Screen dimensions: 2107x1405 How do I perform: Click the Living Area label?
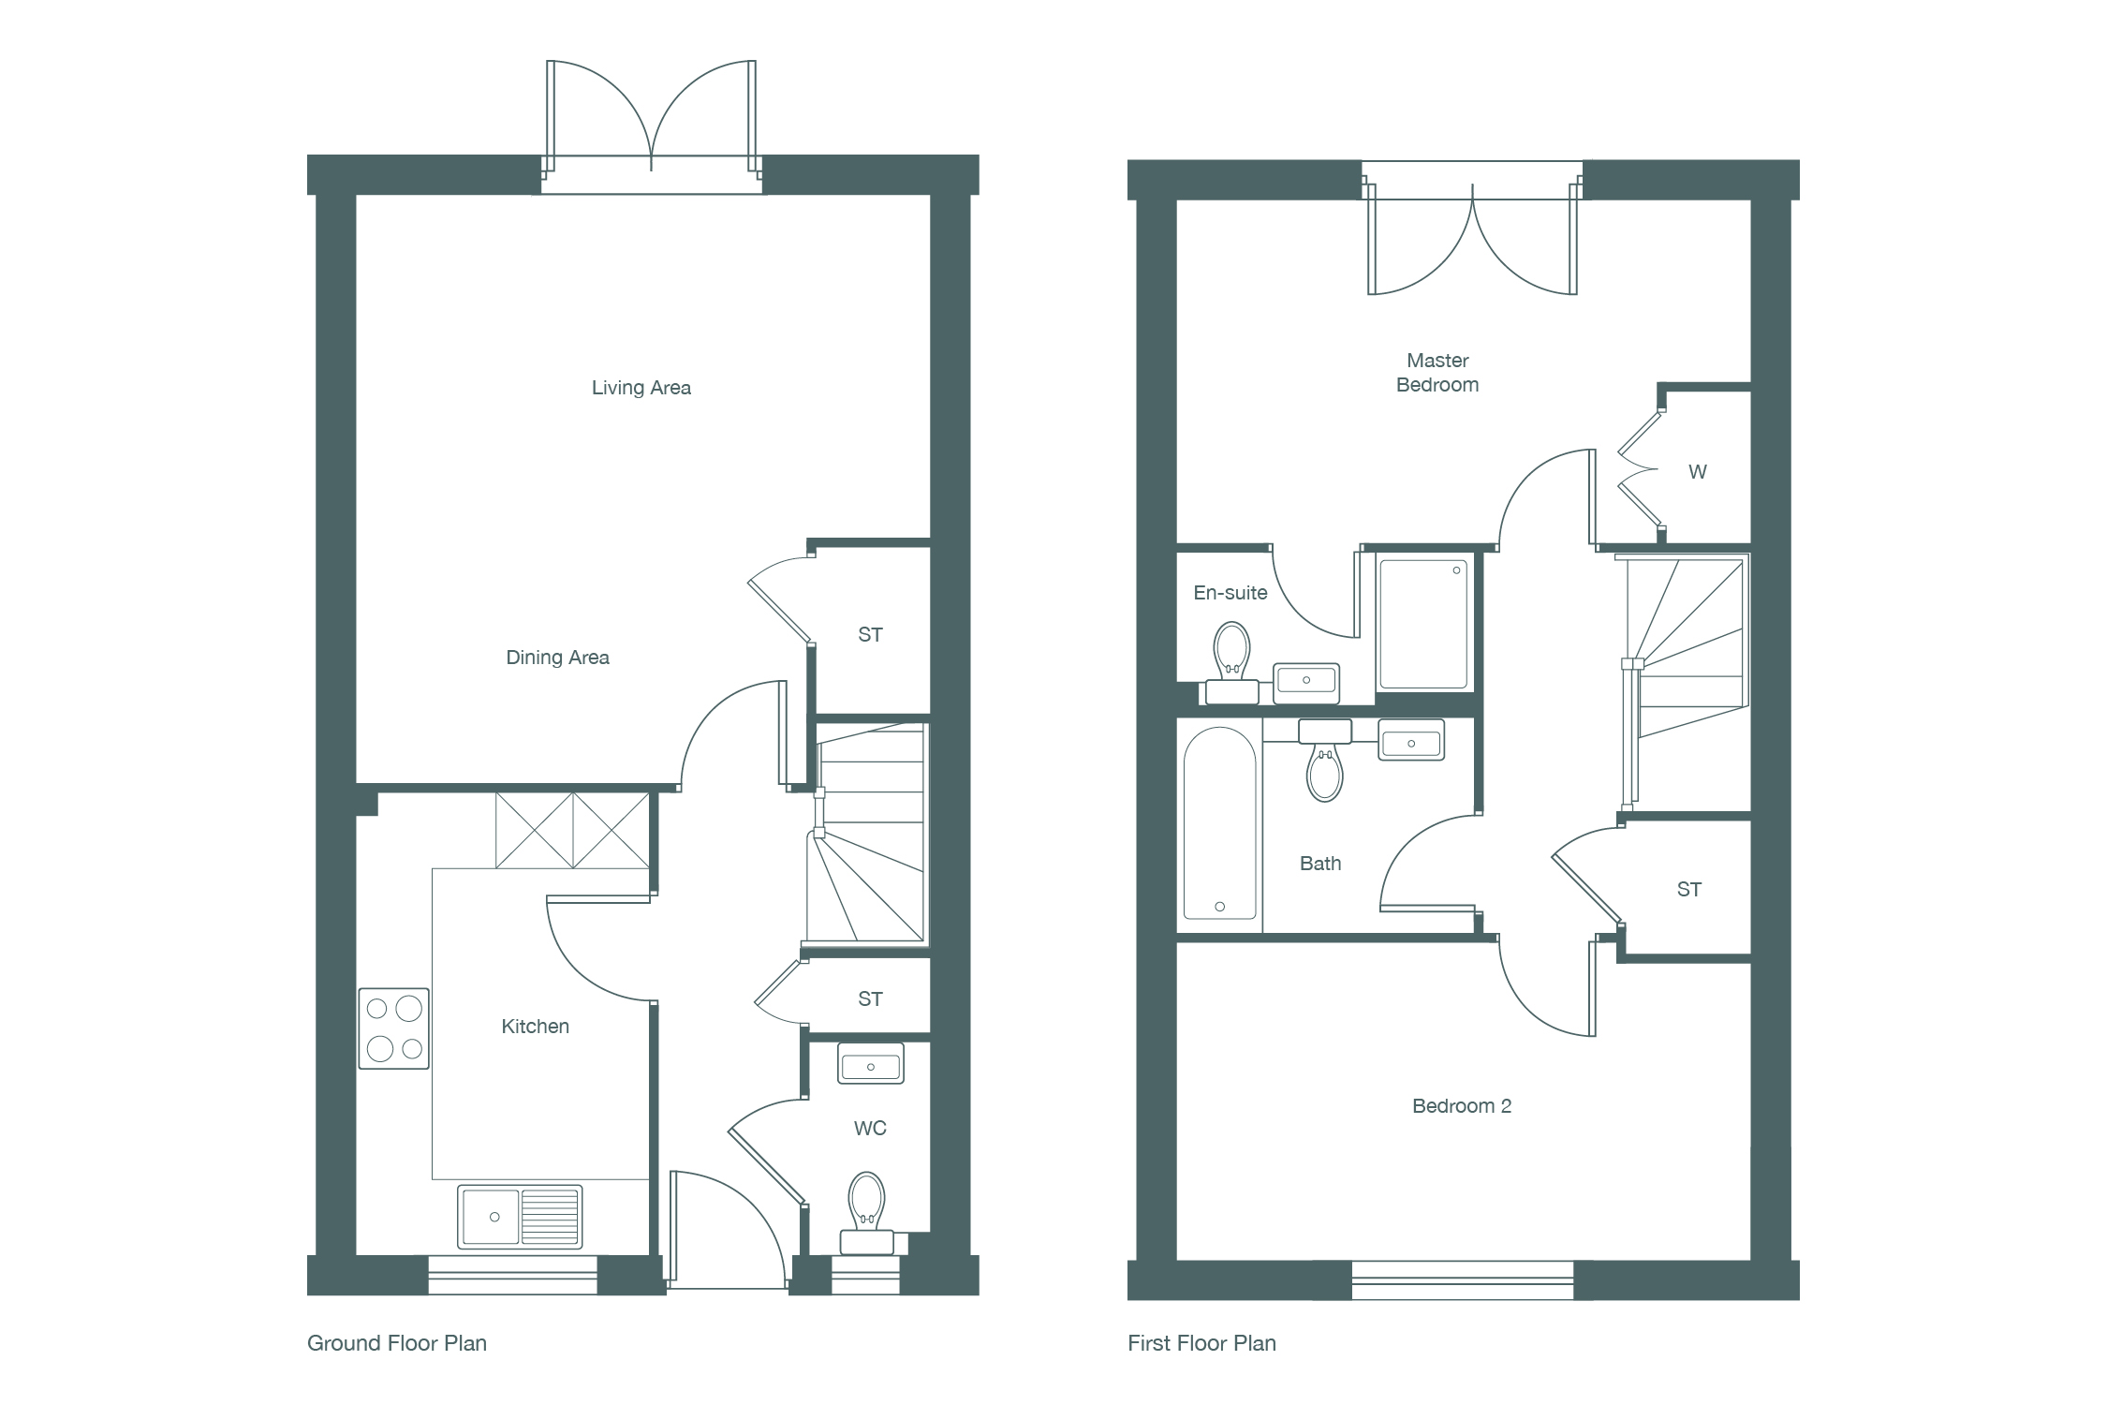641,388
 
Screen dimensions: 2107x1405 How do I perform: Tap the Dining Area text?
557,658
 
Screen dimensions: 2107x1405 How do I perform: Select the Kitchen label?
535,1027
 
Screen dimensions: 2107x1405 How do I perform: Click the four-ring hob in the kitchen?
394,1028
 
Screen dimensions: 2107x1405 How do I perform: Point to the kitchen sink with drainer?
520,1217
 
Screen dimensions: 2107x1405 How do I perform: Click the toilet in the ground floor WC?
867,1213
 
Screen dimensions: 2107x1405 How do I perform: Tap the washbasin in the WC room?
871,1063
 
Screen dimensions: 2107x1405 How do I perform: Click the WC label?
870,1129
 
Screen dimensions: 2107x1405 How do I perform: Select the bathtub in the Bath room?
1219,823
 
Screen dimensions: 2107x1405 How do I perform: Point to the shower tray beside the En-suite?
1423,624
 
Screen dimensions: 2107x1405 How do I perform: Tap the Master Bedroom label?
1437,373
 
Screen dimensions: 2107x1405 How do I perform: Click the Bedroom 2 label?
1462,1106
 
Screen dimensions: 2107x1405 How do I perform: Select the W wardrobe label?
1697,472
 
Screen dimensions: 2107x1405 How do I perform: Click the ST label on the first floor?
1689,890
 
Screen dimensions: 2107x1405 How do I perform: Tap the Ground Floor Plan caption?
397,1343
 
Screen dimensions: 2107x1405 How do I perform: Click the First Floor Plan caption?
1201,1343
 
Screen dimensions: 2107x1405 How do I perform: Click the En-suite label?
1230,593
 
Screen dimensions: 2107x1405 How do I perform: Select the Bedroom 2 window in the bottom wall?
1463,1280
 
